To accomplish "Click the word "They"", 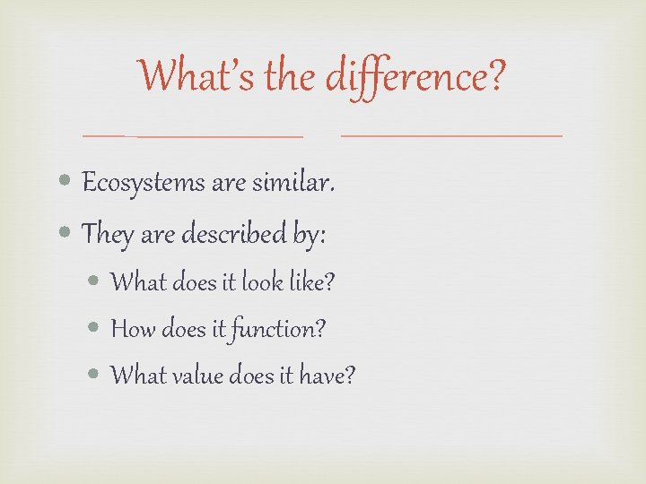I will click(107, 235).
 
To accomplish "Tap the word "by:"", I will click(309, 236).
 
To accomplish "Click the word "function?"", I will click(279, 330).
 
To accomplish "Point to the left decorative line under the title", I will click(193, 136).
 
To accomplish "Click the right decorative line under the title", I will click(452, 135).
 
